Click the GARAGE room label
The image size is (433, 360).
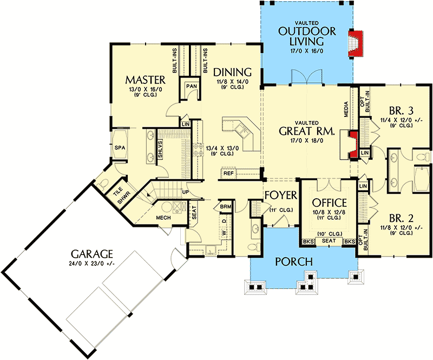[92, 254]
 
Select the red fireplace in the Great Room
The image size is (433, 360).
[354, 145]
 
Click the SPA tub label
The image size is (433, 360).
[120, 148]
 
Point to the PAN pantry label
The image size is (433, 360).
[192, 86]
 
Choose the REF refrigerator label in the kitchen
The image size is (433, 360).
[228, 174]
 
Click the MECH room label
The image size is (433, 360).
[163, 218]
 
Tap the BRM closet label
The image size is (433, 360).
[226, 207]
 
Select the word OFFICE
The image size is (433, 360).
[329, 203]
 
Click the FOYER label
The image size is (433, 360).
[281, 195]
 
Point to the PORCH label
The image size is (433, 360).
[294, 261]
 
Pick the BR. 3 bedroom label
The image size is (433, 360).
[401, 111]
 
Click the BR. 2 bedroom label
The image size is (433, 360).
[401, 219]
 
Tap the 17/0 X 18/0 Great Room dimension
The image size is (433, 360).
[307, 141]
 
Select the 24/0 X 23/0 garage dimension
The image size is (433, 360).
[92, 264]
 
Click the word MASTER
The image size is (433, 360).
[145, 80]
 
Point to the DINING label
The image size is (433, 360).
[233, 72]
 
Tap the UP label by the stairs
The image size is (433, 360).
[185, 192]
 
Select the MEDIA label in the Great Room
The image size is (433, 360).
[346, 109]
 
